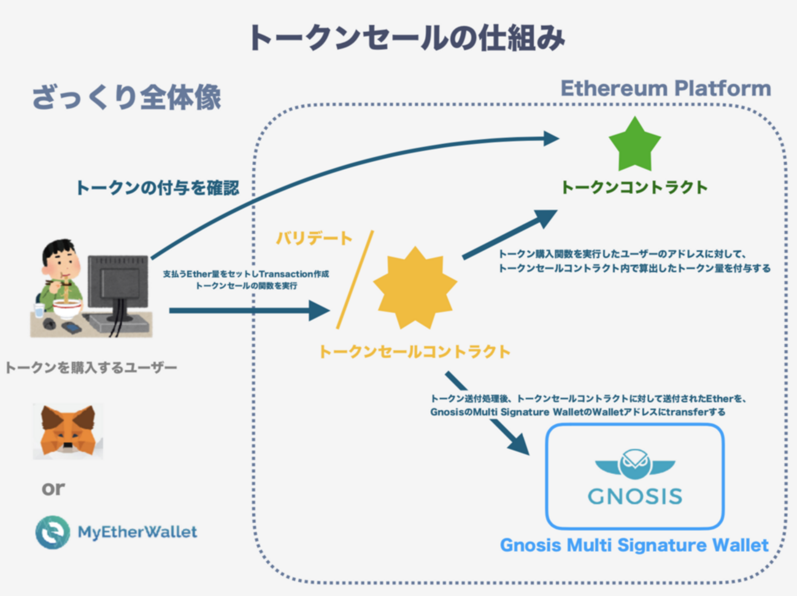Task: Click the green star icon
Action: [634, 146]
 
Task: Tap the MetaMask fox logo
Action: [67, 430]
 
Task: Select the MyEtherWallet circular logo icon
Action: [52, 532]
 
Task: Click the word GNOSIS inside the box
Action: [635, 495]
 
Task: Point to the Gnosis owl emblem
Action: [634, 464]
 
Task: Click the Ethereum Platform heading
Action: [666, 88]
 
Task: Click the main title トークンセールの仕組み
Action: [406, 38]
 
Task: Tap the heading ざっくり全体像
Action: [126, 97]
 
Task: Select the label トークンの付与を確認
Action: [157, 188]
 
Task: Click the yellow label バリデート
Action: [314, 238]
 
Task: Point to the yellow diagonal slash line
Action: [355, 280]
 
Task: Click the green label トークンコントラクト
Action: [634, 187]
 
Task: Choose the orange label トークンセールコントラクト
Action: [414, 351]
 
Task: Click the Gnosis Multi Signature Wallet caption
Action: [634, 545]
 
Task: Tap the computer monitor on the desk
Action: [117, 283]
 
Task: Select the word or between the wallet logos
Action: [53, 488]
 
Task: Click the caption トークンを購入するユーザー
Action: [91, 368]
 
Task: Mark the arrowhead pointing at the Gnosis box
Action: [518, 443]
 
